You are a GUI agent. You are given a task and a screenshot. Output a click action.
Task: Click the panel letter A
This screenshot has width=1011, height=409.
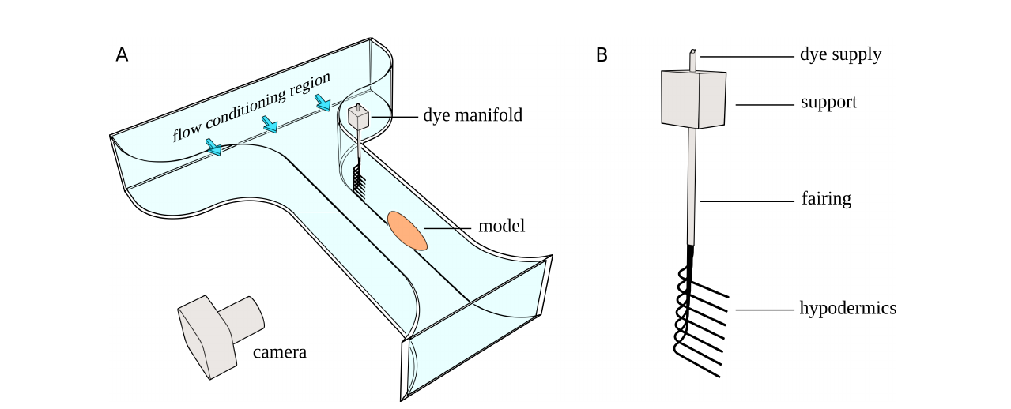click(x=122, y=54)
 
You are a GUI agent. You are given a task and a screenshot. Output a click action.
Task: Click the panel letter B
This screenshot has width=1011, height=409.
click(x=602, y=55)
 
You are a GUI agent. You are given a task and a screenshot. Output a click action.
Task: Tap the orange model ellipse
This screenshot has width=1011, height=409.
click(x=407, y=230)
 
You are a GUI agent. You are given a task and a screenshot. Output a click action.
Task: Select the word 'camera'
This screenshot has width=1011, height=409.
click(x=279, y=352)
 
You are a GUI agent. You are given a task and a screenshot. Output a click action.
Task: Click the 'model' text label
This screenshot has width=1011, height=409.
click(x=502, y=227)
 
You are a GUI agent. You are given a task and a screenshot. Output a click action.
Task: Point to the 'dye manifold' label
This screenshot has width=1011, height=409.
click(x=472, y=115)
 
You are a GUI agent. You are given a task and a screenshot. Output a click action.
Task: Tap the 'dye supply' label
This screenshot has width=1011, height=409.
click(x=840, y=54)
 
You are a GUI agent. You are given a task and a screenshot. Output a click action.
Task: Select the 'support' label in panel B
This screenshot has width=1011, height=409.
click(x=828, y=102)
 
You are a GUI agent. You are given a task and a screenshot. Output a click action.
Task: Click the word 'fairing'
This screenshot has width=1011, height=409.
click(x=825, y=198)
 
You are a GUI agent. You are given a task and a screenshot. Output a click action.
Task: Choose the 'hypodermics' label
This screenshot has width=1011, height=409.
click(x=848, y=308)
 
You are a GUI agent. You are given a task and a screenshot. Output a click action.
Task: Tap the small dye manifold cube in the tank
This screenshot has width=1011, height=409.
click(x=358, y=118)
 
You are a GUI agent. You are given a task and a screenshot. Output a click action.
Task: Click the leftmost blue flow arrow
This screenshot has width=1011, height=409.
click(x=213, y=146)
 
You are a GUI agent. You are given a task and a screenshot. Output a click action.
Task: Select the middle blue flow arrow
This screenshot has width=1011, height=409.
click(x=270, y=124)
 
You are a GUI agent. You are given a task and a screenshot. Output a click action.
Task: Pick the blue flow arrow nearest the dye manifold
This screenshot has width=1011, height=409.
click(x=323, y=103)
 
